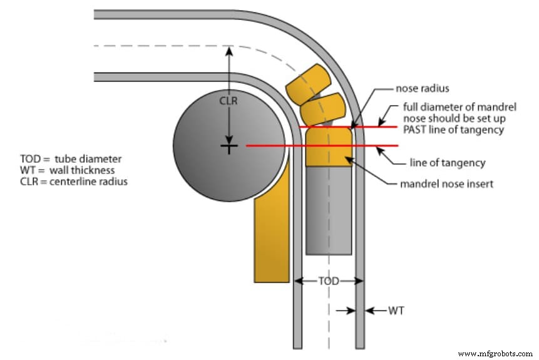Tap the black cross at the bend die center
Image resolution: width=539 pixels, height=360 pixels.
[x=230, y=147]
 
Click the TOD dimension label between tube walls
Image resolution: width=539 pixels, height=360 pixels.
[x=329, y=281]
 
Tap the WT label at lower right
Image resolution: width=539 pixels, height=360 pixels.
[x=396, y=310]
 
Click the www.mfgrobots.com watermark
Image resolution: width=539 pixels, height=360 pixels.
[x=495, y=352]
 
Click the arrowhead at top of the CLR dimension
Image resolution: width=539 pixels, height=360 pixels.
[x=230, y=51]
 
